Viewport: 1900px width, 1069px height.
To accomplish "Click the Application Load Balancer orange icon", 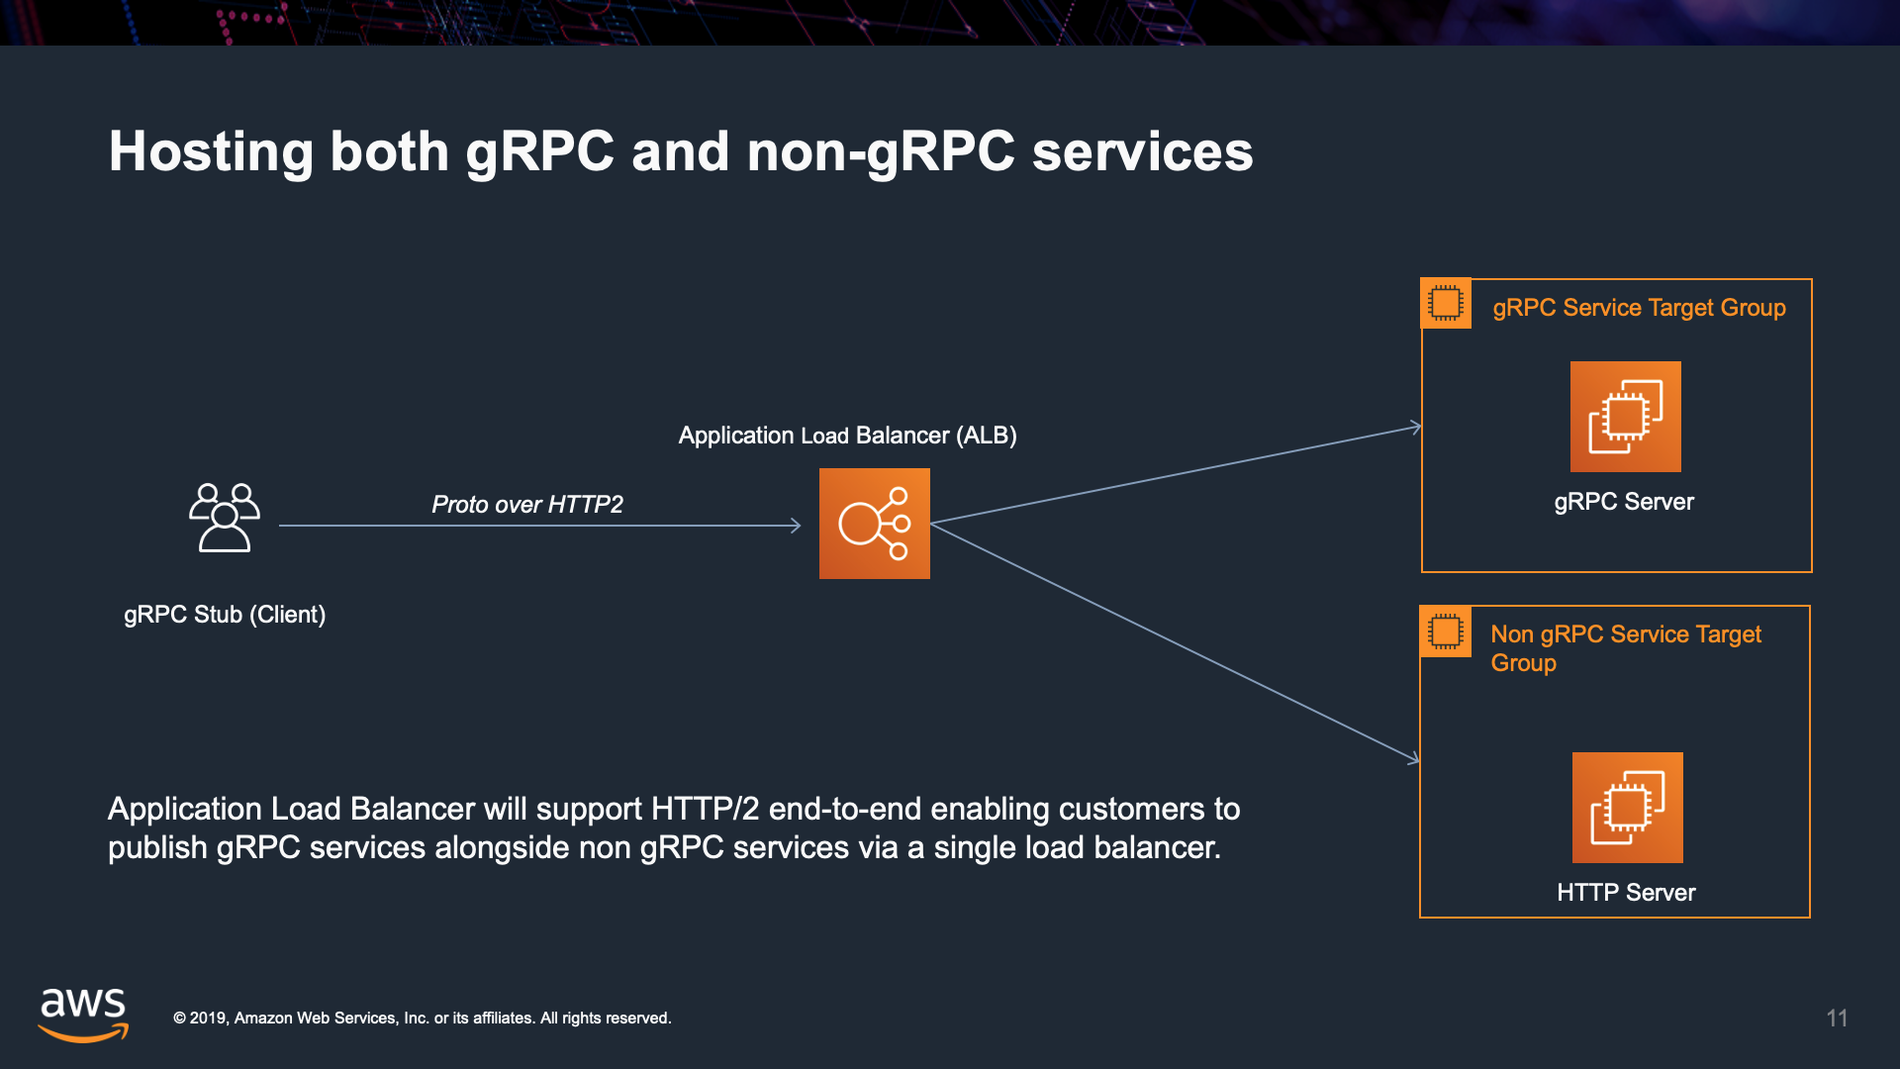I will click(874, 524).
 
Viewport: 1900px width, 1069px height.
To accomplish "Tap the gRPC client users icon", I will click(225, 517).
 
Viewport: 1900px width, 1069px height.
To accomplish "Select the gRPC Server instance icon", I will click(1625, 416).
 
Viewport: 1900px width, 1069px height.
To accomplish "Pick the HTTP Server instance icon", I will click(1627, 807).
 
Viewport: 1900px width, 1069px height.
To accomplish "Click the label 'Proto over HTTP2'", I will click(527, 505).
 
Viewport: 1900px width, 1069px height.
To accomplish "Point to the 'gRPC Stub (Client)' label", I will click(225, 615).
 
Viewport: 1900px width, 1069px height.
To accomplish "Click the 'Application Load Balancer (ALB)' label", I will click(847, 436).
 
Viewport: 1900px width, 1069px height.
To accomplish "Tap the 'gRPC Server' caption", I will click(1624, 502).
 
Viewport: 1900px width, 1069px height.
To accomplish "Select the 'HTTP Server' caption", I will click(1626, 893).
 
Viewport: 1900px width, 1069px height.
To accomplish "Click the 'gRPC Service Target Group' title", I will click(1639, 308).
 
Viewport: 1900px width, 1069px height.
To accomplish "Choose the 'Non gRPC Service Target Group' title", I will click(1625, 647).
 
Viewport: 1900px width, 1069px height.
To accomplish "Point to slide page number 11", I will click(1837, 1019).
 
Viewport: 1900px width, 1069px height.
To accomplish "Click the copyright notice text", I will click(423, 1019).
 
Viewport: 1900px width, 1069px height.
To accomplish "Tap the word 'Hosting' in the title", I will click(210, 152).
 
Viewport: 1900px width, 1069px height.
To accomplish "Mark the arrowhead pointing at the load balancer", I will click(796, 526).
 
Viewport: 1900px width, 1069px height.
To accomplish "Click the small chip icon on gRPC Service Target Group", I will click(1446, 303).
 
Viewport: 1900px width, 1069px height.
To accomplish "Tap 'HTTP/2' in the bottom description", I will click(705, 810).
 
